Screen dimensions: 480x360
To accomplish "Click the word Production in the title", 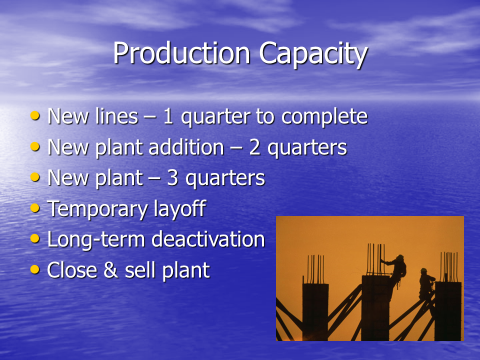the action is pyautogui.click(x=182, y=53).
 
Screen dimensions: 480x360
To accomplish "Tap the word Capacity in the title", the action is pyautogui.click(x=313, y=55).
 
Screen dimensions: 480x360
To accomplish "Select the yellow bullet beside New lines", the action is pyautogui.click(x=35, y=115).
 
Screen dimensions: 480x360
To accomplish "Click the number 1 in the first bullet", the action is pyautogui.click(x=168, y=116).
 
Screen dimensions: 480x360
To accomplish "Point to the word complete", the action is pyautogui.click(x=324, y=117).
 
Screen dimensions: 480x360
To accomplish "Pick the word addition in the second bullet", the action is pyautogui.click(x=186, y=147).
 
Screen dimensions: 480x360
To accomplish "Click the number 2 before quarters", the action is pyautogui.click(x=254, y=147).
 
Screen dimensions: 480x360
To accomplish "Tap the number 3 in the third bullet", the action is pyautogui.click(x=172, y=178).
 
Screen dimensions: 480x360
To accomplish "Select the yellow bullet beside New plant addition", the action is pyautogui.click(x=35, y=146).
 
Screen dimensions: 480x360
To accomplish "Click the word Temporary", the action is pyautogui.click(x=97, y=209).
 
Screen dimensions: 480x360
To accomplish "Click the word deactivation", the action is pyautogui.click(x=208, y=239).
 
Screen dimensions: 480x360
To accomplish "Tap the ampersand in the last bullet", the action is pyautogui.click(x=111, y=270).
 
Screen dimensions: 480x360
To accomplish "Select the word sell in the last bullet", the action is pyautogui.click(x=141, y=270).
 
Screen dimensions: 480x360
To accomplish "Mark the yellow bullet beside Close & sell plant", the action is pyautogui.click(x=35, y=269).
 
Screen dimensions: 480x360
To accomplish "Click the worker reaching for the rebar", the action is pyautogui.click(x=397, y=270).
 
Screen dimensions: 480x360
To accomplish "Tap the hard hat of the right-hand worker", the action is pyautogui.click(x=423, y=270).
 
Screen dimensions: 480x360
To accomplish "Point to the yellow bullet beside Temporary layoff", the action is pyautogui.click(x=35, y=208).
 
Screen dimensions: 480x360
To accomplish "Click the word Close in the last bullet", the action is pyautogui.click(x=72, y=270).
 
